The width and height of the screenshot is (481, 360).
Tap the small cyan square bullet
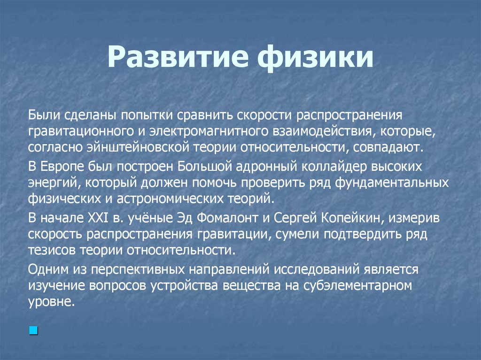pyautogui.click(x=33, y=331)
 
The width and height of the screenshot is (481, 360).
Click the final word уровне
pyautogui.click(x=52, y=301)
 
